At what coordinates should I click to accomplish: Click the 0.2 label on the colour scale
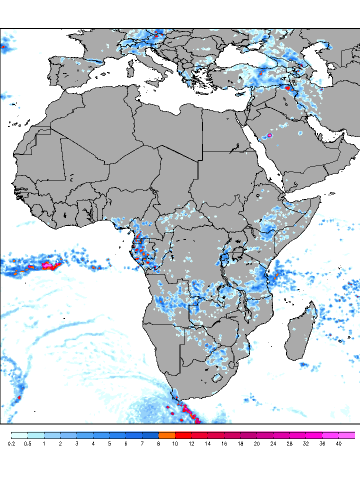11,443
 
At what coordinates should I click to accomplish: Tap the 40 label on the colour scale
338,443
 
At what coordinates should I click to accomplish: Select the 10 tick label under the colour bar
175,443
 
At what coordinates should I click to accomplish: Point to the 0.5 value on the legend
27,443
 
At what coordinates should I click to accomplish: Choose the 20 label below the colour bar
256,443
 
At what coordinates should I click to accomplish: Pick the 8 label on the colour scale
158,443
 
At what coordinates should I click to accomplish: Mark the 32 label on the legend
305,443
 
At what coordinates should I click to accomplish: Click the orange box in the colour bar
167,435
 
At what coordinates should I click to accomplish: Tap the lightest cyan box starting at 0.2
19,435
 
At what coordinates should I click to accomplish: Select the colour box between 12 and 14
199,435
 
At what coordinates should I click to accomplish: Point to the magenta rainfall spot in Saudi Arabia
270,135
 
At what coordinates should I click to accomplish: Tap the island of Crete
202,93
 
